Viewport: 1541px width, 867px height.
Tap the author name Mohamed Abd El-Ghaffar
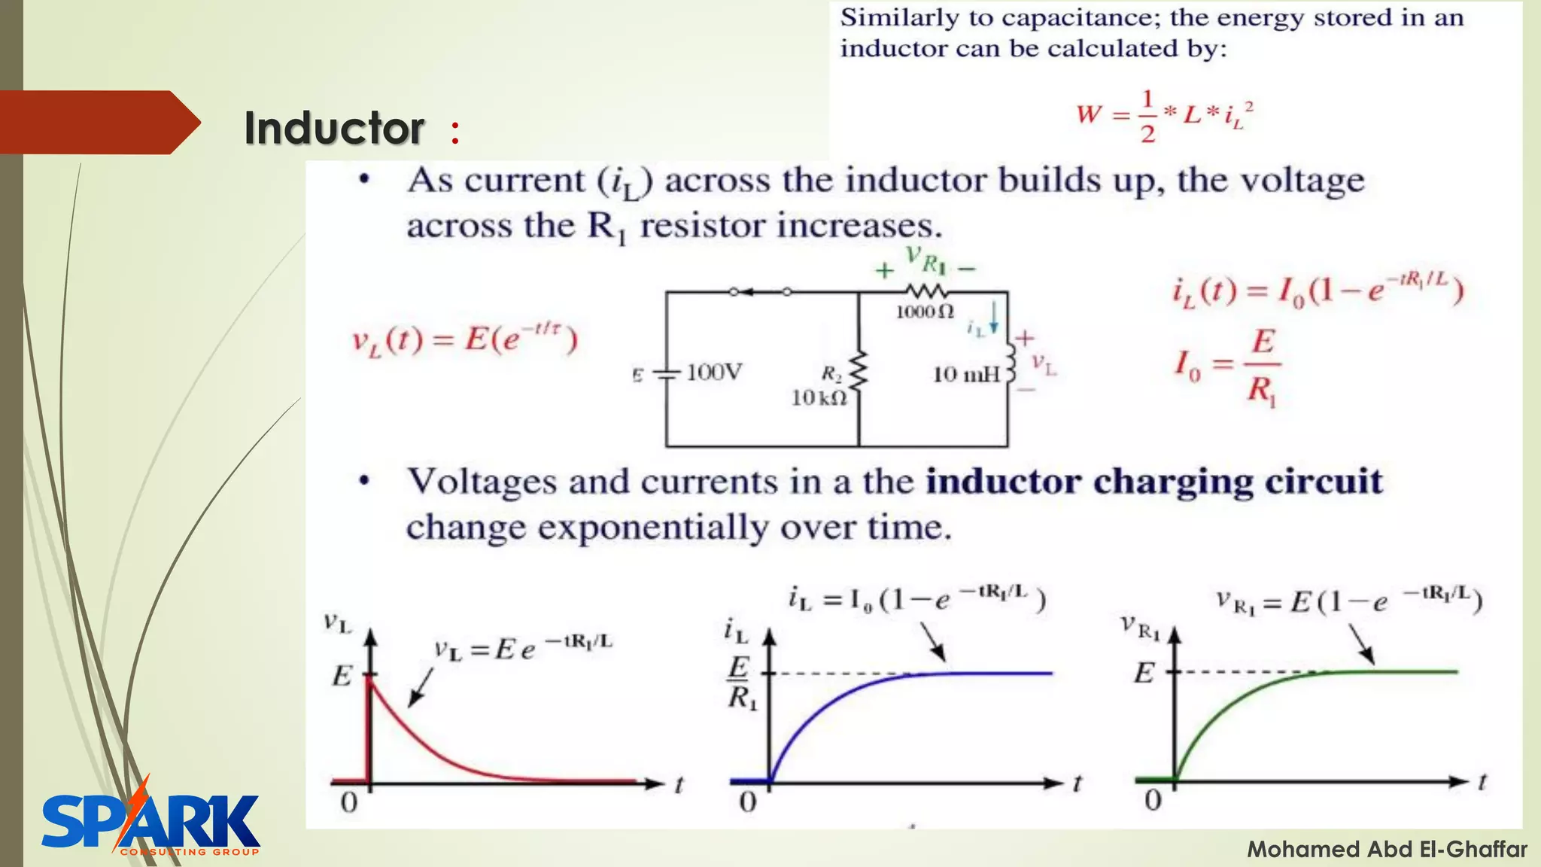coord(1387,850)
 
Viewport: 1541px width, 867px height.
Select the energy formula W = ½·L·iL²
coord(1164,115)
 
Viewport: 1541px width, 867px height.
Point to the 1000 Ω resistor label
coord(925,312)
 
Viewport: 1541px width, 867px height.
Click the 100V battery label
coord(714,372)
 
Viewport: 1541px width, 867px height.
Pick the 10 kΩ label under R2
coord(819,397)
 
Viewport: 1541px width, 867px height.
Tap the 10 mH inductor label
coord(966,374)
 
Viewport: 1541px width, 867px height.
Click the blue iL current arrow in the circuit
coord(994,318)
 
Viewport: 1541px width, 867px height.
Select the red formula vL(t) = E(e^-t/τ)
coord(464,340)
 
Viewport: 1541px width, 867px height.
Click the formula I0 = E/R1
coord(1228,367)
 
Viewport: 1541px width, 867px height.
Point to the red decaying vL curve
coord(436,745)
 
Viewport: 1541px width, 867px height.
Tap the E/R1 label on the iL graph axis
coord(740,683)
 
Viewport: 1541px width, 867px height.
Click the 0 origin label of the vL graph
coord(348,803)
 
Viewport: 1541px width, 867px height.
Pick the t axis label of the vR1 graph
coord(1482,783)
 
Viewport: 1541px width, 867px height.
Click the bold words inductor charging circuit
coord(1153,482)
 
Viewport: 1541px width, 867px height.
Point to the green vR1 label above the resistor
coord(925,260)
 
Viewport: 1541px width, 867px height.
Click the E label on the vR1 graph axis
coord(1144,672)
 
